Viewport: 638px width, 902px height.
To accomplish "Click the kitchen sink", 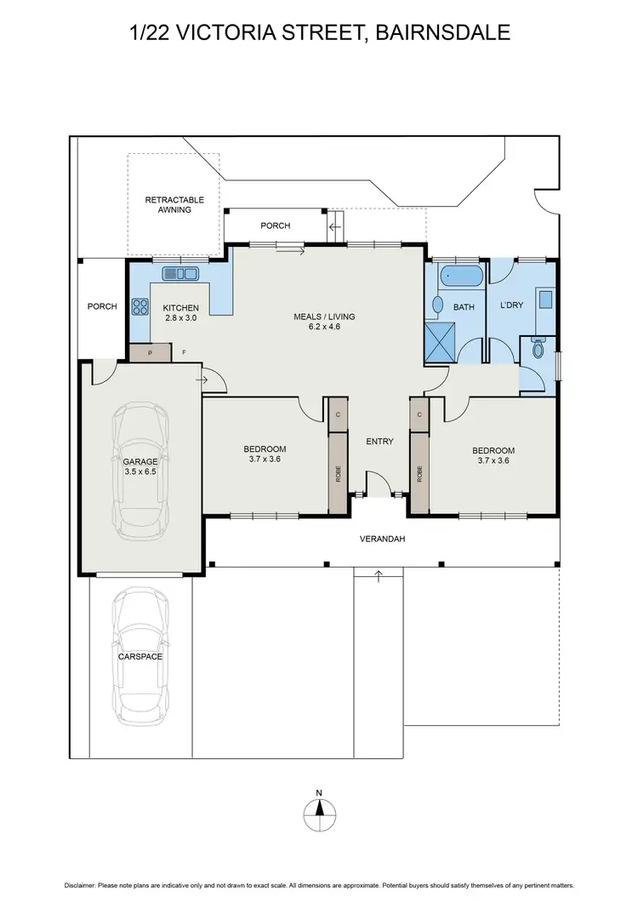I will pos(180,273).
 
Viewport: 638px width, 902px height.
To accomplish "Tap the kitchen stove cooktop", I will pos(139,305).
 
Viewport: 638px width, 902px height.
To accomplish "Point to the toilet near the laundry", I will pos(537,348).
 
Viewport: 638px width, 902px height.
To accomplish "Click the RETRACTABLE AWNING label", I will pos(168,204).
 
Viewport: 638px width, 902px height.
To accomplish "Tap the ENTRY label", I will pos(379,441).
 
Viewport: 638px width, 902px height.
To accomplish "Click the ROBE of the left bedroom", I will pos(338,473).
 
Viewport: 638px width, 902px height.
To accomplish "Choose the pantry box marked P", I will pos(150,351).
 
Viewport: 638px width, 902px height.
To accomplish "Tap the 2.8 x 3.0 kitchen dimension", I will pos(180,317).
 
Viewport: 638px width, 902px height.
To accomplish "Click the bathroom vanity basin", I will pos(438,305).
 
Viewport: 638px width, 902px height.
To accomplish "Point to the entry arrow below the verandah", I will pos(379,578).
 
